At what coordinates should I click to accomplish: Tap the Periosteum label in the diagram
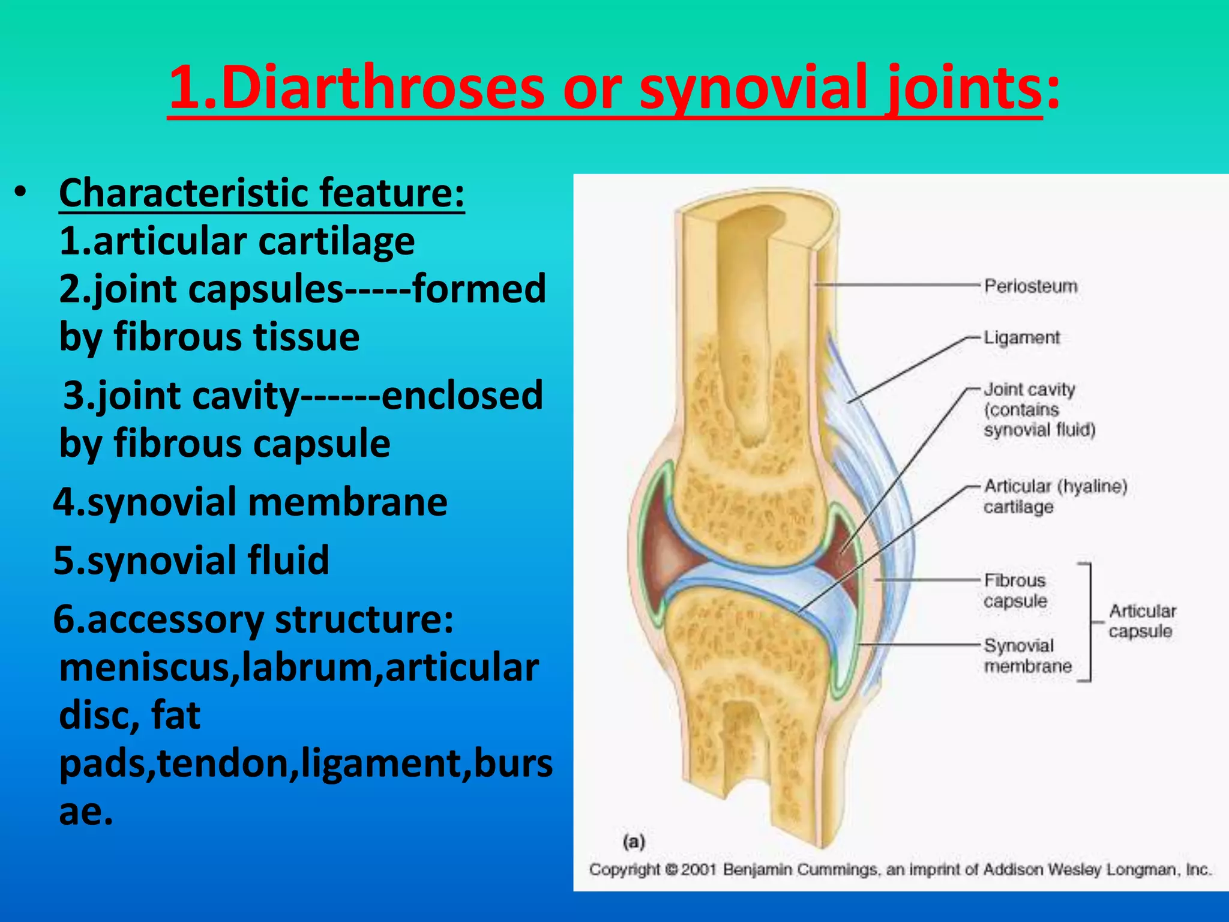1030,286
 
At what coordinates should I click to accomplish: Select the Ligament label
1021,337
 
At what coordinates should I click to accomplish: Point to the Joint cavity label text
1029,390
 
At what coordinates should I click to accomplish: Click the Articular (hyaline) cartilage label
1054,496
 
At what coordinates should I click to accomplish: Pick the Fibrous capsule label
1015,591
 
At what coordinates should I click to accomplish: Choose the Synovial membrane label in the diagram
1027,655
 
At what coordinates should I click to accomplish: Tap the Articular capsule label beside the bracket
1141,621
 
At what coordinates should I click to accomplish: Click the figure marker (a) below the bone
634,842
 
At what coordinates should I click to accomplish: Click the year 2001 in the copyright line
699,869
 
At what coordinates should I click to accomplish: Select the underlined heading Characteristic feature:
262,193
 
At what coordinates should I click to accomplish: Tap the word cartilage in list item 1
336,241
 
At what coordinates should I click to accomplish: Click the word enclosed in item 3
461,396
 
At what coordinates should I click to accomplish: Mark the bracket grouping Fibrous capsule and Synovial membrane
1089,622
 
